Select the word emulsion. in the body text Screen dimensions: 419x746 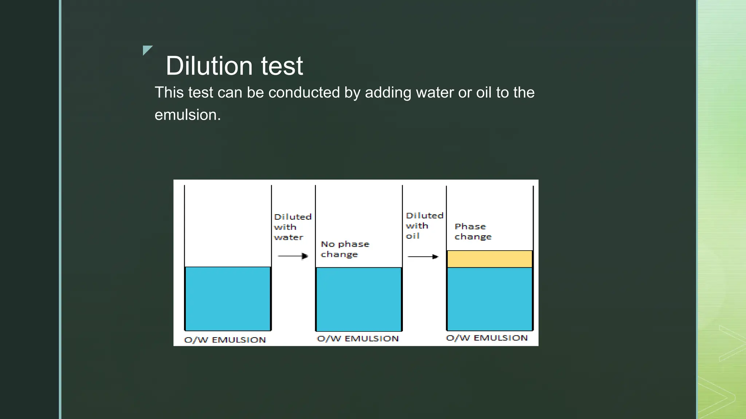tap(188, 115)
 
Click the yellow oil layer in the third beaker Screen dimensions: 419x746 tap(490, 259)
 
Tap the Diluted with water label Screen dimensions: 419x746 tap(292, 227)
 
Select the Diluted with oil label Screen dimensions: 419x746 tap(424, 226)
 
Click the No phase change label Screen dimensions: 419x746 tap(345, 249)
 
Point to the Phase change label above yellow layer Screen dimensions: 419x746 tap(473, 232)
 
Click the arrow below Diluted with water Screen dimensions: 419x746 tap(293, 256)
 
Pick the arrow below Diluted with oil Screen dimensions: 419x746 tap(423, 256)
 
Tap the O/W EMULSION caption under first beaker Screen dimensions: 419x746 tap(225, 340)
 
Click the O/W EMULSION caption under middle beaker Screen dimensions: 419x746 tap(358, 339)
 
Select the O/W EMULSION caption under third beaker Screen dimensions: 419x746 tap(487, 338)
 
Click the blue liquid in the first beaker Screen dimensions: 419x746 tap(228, 298)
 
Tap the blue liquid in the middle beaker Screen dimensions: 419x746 tap(359, 299)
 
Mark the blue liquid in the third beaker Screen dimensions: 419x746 tap(490, 299)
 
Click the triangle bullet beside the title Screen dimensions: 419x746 tap(146, 49)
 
